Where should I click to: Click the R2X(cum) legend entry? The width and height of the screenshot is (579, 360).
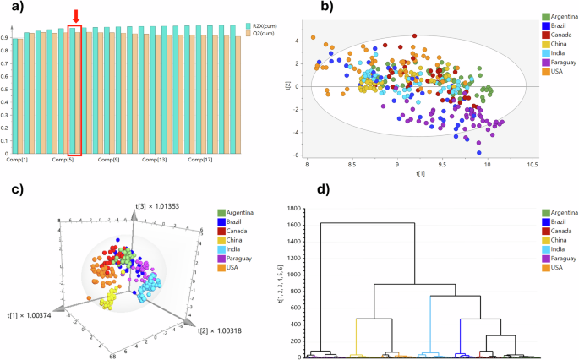(259, 26)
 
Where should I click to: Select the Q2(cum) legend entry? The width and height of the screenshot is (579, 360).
(258, 34)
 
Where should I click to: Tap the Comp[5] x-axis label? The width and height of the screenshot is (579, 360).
(63, 160)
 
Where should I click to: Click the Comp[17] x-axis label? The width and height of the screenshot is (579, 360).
(199, 160)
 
